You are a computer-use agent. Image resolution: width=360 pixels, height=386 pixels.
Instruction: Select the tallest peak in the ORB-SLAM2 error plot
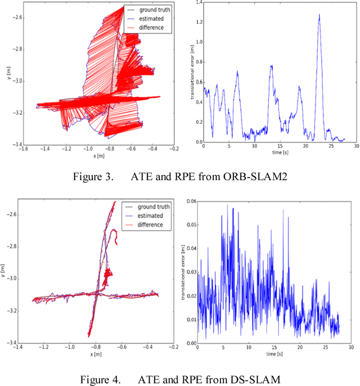319,15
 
